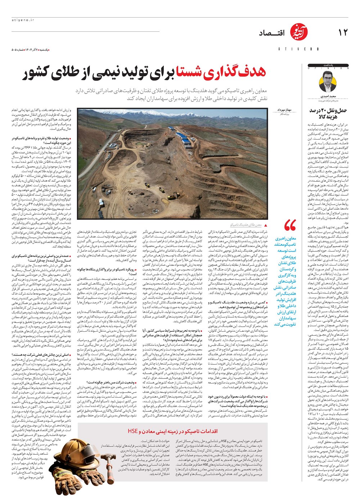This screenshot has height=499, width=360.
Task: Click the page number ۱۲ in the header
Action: click(x=343, y=32)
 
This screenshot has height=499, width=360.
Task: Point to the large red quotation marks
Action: click(x=290, y=226)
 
